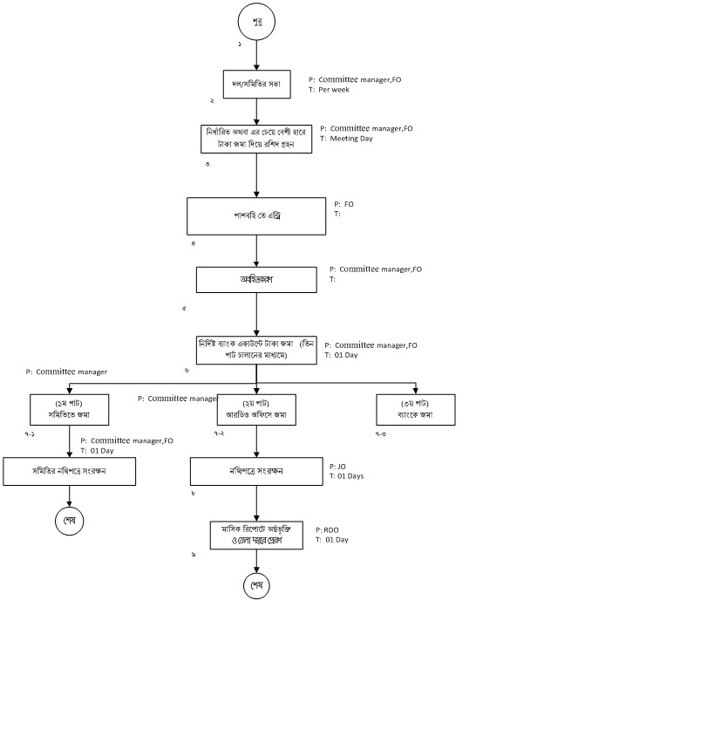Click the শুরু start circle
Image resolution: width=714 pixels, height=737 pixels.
256,20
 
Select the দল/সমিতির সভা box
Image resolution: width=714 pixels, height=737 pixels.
255,84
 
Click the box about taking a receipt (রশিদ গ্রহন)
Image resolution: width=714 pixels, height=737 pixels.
255,139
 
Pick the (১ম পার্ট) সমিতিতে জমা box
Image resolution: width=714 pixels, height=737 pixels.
69,409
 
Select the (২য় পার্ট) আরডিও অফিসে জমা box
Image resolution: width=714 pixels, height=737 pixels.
255,409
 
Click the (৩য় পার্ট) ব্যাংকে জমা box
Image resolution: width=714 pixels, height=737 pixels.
415,409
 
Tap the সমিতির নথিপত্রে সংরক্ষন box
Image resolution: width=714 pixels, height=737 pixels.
69,471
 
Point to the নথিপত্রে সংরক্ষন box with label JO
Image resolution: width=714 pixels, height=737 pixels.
255,472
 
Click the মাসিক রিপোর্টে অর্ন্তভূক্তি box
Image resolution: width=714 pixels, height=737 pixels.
256,535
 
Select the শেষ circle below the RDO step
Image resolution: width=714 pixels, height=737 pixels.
256,585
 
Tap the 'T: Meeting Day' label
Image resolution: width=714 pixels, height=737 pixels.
346,138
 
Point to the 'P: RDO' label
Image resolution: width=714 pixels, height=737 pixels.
327,529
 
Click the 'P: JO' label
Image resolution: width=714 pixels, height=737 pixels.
337,467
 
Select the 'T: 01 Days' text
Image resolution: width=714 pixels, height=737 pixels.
346,476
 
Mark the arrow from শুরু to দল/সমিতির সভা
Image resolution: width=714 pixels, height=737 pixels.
256,54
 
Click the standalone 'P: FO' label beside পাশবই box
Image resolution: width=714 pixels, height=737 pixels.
343,204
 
